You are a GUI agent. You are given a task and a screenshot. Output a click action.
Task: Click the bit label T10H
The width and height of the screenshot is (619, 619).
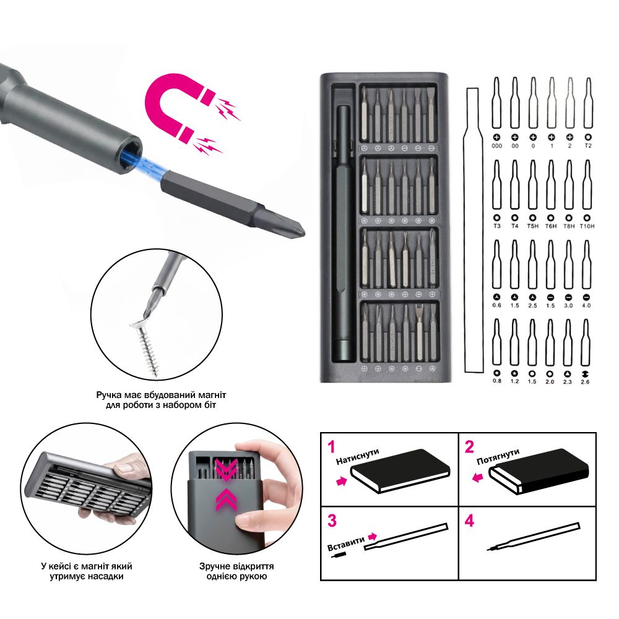587,226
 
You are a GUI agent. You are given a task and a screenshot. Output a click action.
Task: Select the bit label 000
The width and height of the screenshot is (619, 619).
496,145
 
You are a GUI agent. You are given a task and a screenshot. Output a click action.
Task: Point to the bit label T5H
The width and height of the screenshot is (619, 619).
532,226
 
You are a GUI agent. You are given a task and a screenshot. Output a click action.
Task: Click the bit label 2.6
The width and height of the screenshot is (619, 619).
585,382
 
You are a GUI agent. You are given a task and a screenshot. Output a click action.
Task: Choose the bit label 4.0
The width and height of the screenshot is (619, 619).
586,305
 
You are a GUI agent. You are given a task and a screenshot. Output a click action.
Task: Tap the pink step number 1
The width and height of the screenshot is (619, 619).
332,446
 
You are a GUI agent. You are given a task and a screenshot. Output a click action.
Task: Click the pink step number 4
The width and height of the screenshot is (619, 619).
469,521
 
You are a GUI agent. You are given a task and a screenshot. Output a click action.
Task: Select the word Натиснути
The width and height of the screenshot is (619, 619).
358,456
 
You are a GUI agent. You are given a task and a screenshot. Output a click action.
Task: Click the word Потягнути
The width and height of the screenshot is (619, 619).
498,457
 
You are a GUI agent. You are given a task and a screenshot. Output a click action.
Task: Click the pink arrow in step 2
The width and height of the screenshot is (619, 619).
478,478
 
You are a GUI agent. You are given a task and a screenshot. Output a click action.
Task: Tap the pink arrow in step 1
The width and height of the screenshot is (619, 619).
342,481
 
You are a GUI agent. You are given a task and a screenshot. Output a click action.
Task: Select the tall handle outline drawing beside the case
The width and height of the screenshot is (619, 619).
474,230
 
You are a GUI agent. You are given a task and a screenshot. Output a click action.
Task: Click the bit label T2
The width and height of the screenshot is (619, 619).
588,145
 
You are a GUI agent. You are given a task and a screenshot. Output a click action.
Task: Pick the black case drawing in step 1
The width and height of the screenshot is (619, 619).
400,470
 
